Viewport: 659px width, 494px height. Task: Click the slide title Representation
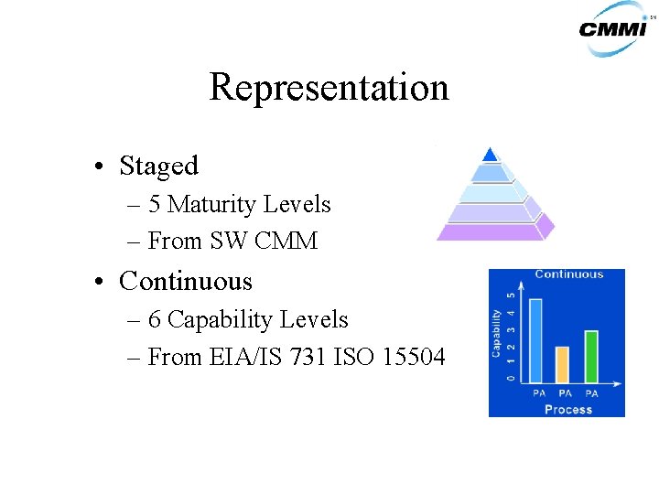(329, 88)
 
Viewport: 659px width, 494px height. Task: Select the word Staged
(158, 166)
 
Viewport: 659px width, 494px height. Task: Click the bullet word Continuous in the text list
(185, 281)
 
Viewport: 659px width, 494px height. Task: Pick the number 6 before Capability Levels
(155, 320)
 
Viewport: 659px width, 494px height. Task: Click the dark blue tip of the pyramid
(491, 154)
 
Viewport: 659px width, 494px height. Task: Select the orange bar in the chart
(563, 364)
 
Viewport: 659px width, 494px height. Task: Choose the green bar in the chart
(590, 356)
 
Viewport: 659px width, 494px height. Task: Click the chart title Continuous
(568, 274)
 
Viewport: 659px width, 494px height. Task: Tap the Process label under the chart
(567, 409)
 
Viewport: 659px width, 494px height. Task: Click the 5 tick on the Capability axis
(510, 295)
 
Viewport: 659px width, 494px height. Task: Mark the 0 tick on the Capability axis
(510, 378)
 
